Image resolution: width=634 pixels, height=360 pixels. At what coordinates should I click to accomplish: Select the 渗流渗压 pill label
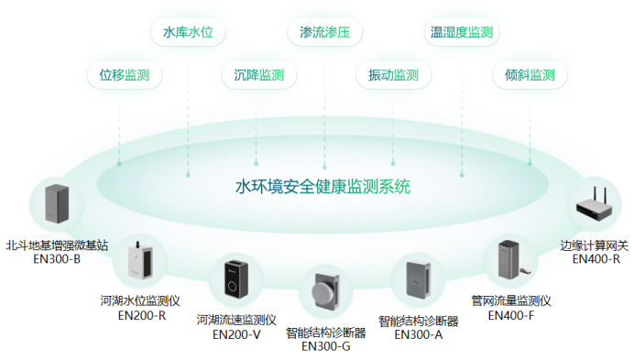(x=324, y=33)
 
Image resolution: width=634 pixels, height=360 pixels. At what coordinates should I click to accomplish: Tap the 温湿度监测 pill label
(x=462, y=33)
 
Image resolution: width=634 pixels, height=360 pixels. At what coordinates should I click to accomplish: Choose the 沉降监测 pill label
(x=259, y=75)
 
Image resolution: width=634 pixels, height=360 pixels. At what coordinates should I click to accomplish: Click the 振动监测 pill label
(x=392, y=75)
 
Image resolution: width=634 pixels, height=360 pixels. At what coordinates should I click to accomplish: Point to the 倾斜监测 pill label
(x=530, y=75)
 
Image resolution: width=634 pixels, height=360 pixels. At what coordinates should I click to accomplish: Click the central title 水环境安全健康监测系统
(x=322, y=187)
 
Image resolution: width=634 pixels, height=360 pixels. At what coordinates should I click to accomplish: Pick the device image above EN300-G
(x=324, y=295)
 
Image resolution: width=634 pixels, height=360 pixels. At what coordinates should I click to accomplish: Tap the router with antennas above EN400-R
(x=595, y=209)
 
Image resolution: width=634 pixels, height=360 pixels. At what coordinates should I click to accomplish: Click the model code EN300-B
(x=57, y=259)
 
